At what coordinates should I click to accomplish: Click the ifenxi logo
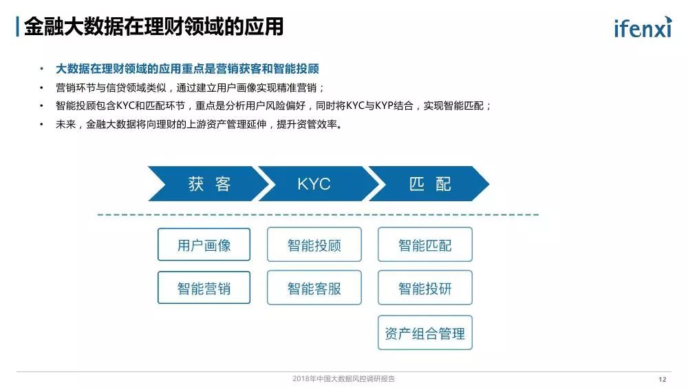(641, 27)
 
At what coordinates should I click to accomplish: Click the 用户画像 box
(204, 245)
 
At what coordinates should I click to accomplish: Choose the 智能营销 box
(204, 288)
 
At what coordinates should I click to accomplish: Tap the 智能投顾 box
(314, 245)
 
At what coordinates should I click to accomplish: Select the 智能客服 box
(314, 288)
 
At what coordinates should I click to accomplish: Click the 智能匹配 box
(425, 245)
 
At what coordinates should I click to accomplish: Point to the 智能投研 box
(425, 288)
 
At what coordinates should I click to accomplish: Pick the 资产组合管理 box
(425, 333)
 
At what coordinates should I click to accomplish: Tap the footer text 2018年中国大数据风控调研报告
(344, 379)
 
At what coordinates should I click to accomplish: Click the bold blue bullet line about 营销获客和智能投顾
(187, 69)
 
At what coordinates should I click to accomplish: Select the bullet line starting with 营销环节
(190, 88)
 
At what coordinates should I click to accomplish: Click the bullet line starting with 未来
(199, 125)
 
